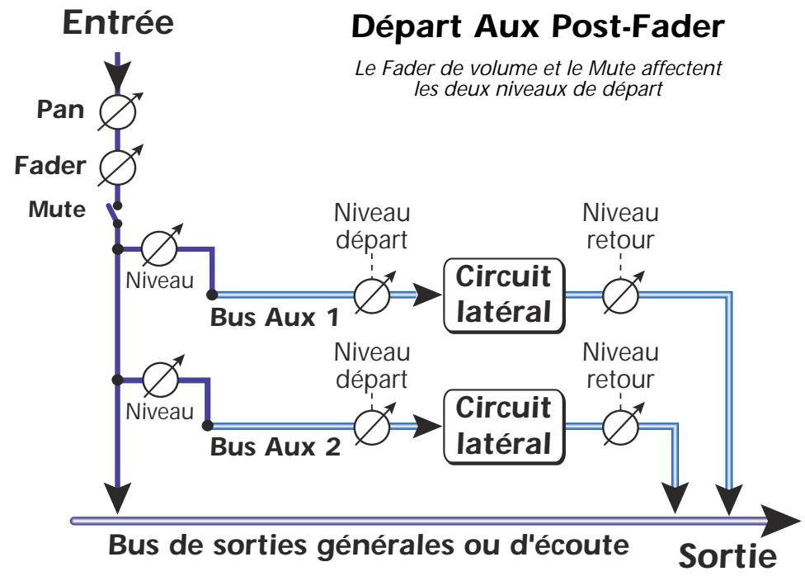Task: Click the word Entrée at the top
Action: [120, 22]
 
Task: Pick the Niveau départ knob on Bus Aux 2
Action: [372, 426]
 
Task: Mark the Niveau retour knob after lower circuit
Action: [620, 426]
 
